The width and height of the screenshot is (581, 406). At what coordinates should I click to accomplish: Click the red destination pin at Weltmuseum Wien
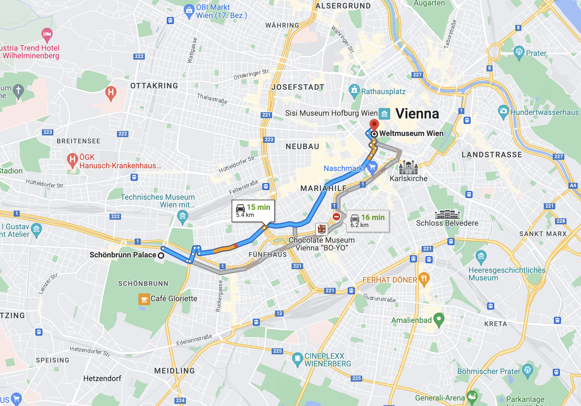374,124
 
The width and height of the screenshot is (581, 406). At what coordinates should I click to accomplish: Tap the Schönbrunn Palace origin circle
161,255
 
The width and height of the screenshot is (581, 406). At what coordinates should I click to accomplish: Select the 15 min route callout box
253,211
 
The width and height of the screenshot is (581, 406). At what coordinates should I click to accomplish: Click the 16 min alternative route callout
367,221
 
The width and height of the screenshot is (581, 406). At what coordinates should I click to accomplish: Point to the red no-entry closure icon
336,217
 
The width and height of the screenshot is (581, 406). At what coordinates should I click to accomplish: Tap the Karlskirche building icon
408,167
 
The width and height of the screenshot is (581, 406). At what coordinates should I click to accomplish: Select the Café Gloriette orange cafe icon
144,299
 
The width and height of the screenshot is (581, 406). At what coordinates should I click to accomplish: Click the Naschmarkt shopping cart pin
372,167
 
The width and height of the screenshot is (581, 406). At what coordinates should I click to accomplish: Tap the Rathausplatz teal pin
354,90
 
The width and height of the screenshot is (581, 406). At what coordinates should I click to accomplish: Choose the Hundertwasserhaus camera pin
503,111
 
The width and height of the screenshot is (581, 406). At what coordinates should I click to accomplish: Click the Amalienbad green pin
439,319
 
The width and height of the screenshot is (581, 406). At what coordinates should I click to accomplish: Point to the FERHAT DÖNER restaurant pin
424,279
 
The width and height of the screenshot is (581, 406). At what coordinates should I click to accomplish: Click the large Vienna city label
417,114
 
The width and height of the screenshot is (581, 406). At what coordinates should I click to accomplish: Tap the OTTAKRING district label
154,86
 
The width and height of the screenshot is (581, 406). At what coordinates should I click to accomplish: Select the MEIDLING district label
174,371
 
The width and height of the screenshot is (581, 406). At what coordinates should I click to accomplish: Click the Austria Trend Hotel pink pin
47,34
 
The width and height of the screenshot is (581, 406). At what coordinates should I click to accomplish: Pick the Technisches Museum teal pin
182,216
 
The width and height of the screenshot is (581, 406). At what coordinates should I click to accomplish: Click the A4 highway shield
573,185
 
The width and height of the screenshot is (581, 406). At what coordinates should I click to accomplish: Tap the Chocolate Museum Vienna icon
322,229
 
